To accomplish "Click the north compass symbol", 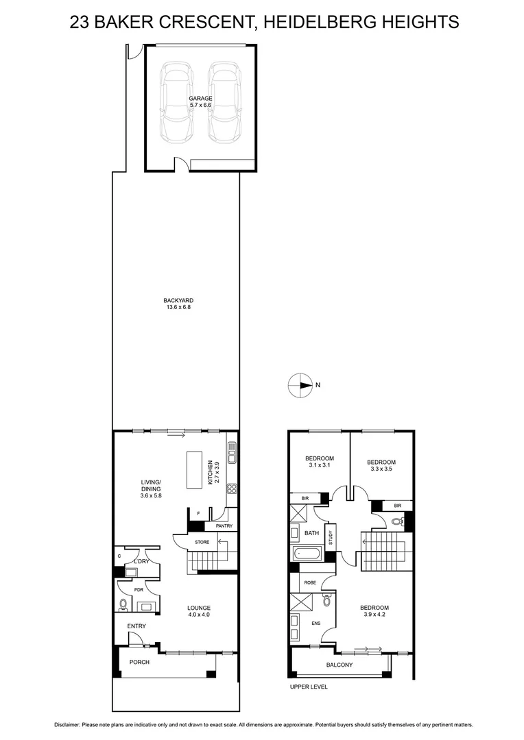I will pyautogui.click(x=300, y=385).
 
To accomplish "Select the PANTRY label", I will pyautogui.click(x=224, y=526).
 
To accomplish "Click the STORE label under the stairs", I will pyautogui.click(x=202, y=542).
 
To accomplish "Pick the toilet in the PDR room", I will pyautogui.click(x=123, y=604).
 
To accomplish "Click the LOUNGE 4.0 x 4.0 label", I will pyautogui.click(x=199, y=611).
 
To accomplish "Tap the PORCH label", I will pyautogui.click(x=139, y=662).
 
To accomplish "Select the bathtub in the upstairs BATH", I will pyautogui.click(x=304, y=553).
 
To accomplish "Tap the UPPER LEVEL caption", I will pyautogui.click(x=309, y=687).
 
